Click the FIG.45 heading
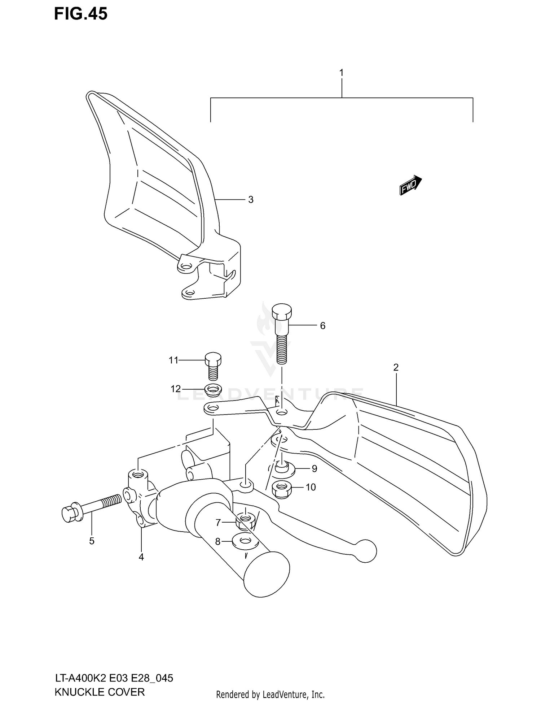81,14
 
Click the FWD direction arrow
410,185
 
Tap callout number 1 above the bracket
341,73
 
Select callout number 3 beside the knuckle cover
251,200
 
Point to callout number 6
322,326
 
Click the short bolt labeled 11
213,365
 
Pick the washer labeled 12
213,389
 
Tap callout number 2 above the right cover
396,368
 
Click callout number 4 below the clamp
141,557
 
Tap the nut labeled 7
246,521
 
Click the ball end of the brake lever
365,551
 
